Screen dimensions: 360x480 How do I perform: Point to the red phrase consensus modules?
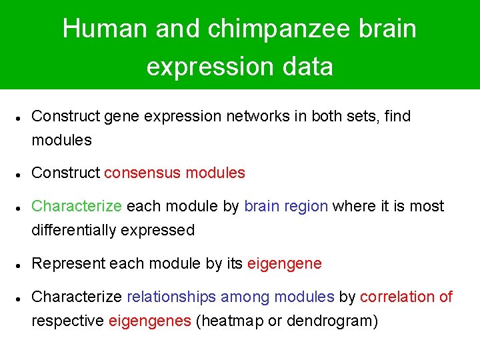[x=175, y=173]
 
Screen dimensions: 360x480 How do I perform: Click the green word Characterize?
[x=77, y=206]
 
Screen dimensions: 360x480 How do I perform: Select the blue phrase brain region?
[x=286, y=206]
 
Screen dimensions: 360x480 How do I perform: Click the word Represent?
[x=68, y=263]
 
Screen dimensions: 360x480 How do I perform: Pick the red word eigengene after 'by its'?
[x=284, y=263]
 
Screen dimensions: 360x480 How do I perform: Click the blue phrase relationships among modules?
[x=230, y=297]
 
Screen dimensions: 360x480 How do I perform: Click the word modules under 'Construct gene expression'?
[x=61, y=141]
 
